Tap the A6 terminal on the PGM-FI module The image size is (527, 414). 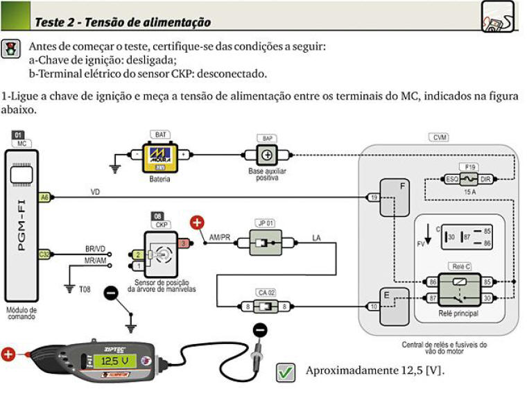pos(44,197)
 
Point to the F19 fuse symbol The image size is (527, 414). pos(471,179)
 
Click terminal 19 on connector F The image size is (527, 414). pos(374,198)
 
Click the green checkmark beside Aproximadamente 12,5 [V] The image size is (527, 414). pos(285,372)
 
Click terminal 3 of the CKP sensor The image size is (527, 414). pos(183,243)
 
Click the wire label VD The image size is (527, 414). pos(95,191)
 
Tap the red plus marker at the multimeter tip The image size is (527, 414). pos(8,356)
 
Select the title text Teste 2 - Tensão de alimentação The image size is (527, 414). pos(123,22)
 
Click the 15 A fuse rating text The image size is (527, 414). pos(470,191)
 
